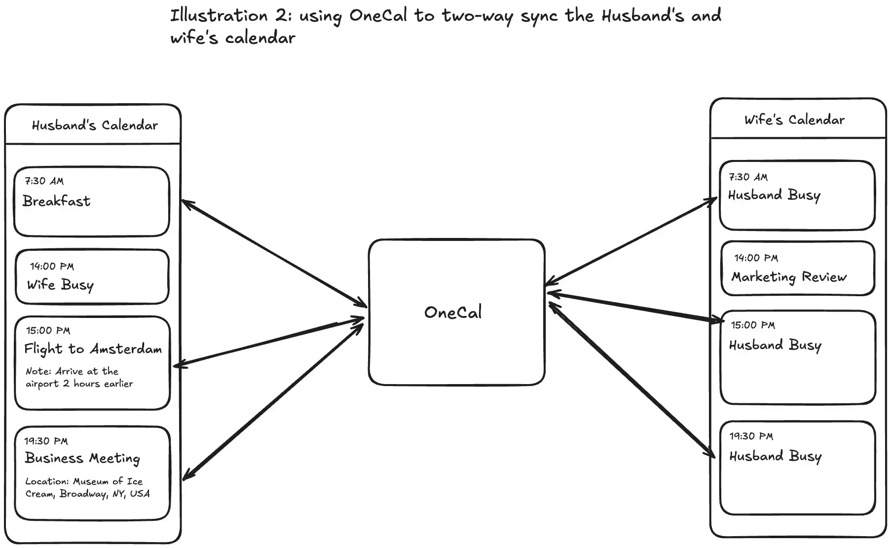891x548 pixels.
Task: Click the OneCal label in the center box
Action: click(453, 313)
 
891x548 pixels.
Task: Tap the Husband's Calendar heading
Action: click(95, 125)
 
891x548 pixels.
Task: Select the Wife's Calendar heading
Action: click(794, 120)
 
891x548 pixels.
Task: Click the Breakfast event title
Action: click(57, 201)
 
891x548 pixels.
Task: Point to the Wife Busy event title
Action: click(60, 285)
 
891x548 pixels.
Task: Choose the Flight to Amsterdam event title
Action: click(93, 349)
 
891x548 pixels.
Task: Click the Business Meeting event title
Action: click(82, 459)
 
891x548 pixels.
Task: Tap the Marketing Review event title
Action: click(789, 277)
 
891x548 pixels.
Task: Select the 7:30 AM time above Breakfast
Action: click(44, 181)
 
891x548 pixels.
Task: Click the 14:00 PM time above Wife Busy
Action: click(52, 267)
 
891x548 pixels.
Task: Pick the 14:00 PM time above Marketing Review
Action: click(756, 258)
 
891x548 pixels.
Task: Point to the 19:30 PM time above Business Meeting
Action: click(46, 441)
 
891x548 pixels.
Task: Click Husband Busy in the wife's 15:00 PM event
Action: click(775, 345)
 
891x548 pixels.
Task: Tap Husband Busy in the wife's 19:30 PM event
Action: click(776, 456)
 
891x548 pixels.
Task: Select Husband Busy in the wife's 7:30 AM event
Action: click(774, 195)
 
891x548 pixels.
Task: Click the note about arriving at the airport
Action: click(79, 377)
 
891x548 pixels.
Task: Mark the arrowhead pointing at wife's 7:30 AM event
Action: click(714, 200)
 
